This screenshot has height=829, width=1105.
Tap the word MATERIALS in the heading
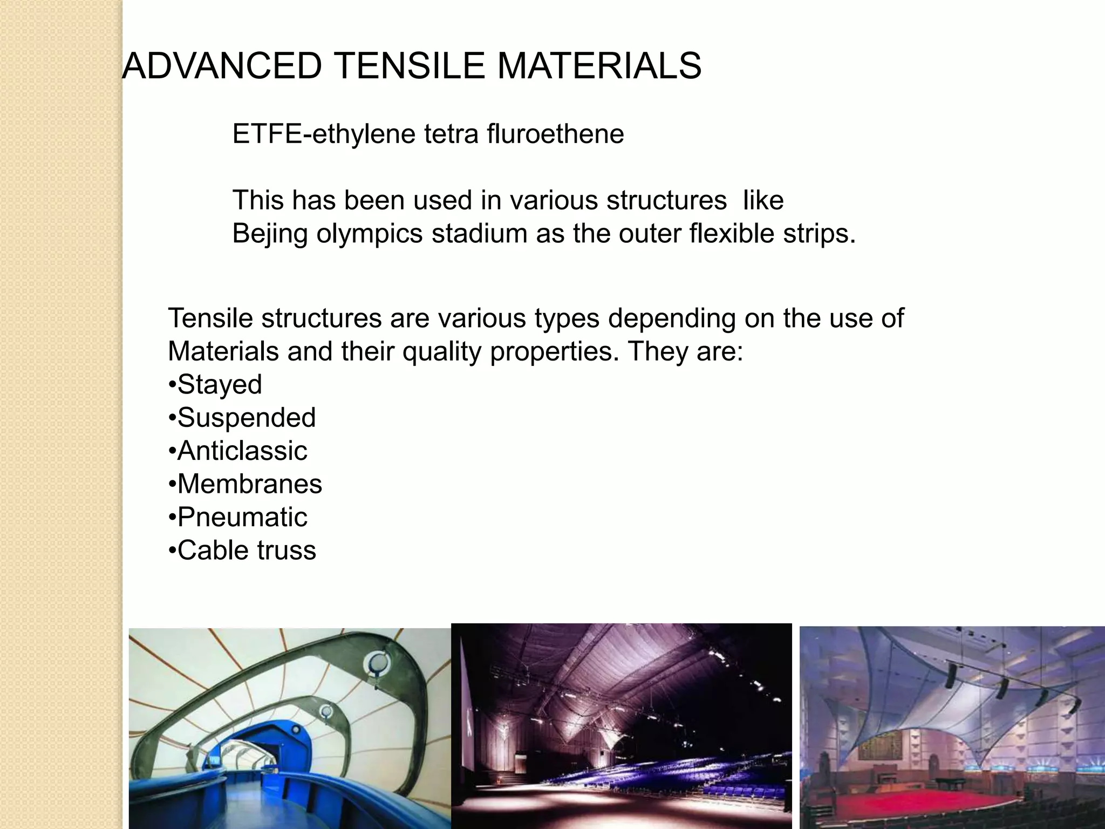(598, 66)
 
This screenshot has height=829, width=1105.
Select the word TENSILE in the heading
(410, 66)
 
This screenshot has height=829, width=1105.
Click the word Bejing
(270, 234)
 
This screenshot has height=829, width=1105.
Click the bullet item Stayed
(219, 385)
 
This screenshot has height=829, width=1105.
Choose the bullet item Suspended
(246, 418)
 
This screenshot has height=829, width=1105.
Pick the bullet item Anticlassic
(242, 451)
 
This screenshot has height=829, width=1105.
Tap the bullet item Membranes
(249, 484)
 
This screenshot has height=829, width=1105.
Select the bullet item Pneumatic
(242, 518)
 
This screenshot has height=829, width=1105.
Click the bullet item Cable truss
(246, 551)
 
